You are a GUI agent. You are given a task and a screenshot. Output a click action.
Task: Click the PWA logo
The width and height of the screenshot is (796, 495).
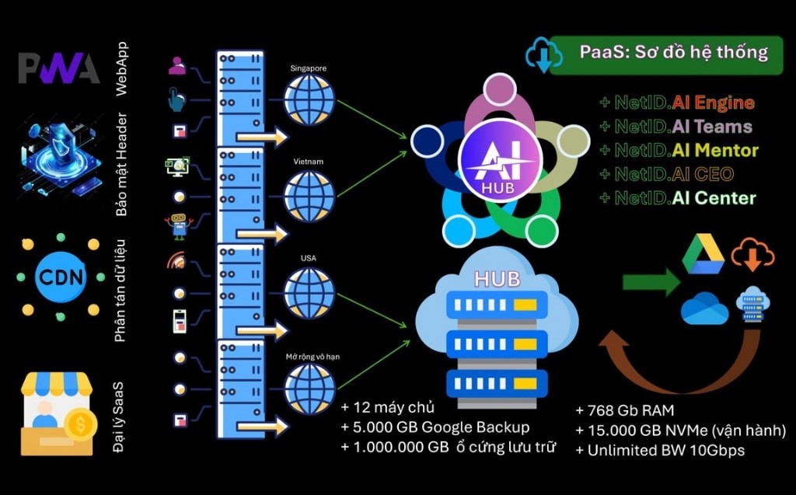coord(59,68)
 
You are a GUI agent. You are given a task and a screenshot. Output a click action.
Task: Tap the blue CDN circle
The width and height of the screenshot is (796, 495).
coord(61,277)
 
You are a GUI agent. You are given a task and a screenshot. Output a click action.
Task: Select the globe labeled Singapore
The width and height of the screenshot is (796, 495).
coord(309,100)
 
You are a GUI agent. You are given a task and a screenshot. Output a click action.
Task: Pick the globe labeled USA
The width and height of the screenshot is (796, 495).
coord(309,292)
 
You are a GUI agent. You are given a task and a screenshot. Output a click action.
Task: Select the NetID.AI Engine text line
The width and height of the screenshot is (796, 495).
coord(676,103)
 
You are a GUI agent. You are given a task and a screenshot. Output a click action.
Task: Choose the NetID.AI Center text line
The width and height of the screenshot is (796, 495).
coord(677,197)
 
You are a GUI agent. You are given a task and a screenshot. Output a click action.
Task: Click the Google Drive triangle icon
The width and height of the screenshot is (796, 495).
coord(703,256)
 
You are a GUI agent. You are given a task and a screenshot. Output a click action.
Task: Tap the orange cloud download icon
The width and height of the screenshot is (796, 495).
coord(752,254)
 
